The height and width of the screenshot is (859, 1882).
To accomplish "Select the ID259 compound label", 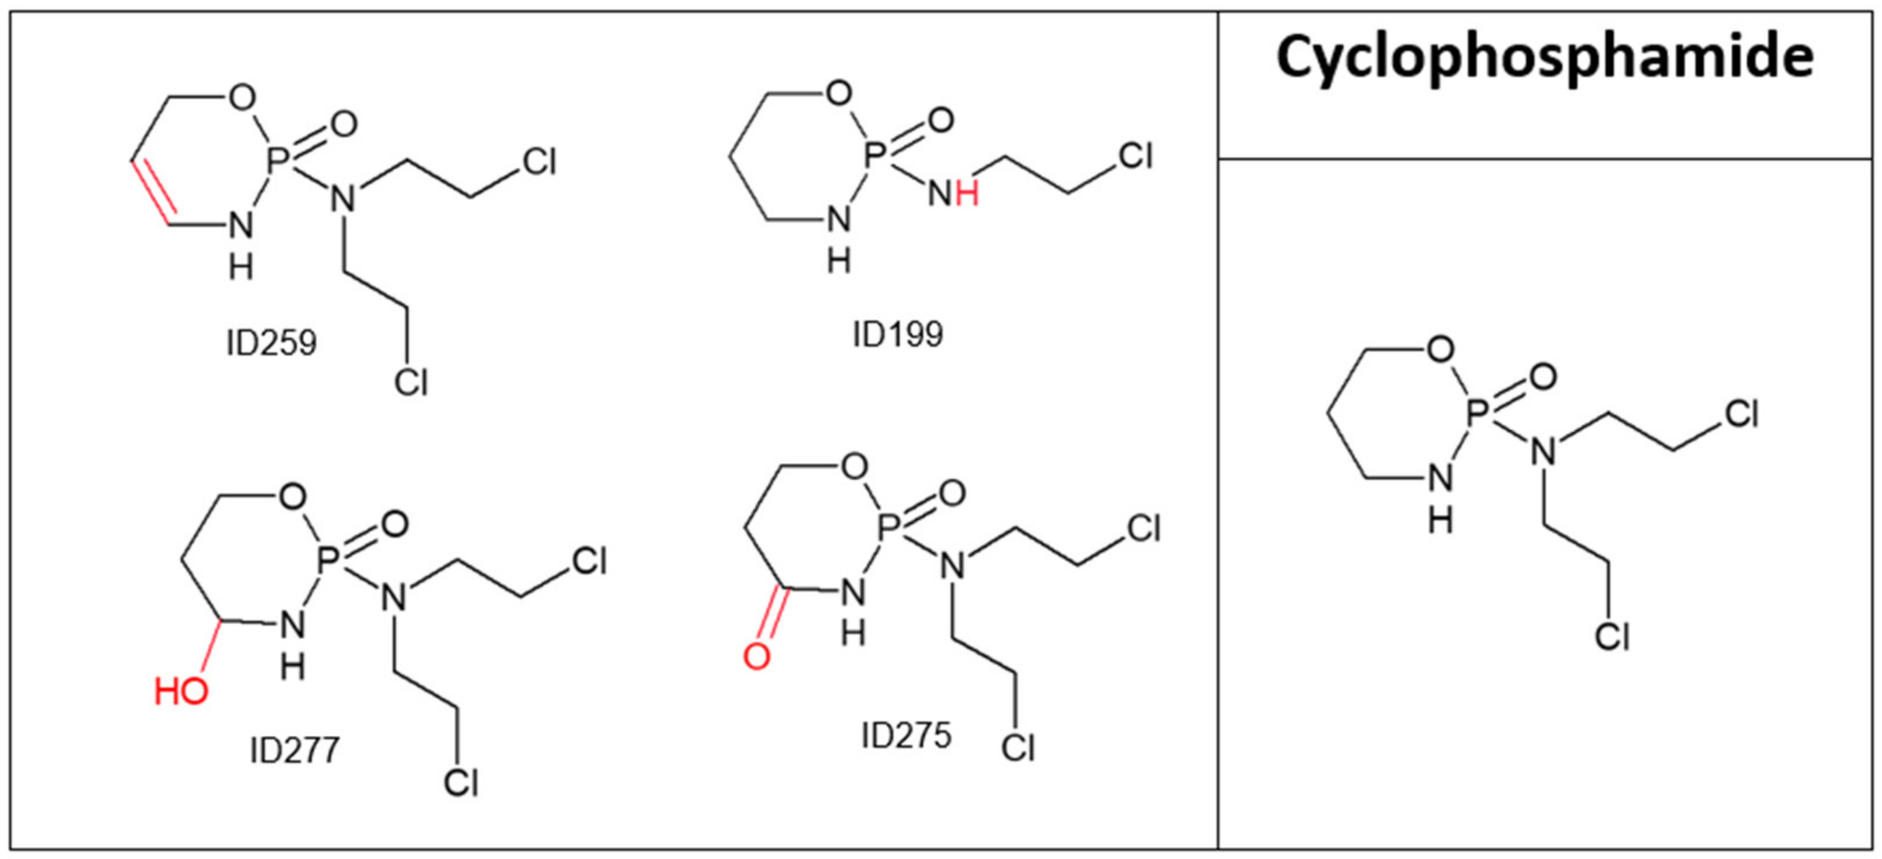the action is coord(271,342).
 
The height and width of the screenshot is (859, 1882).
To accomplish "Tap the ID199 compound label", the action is coord(898,334).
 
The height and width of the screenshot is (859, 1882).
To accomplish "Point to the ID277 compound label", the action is coord(295,750).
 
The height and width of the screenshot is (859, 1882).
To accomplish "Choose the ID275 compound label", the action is coord(906,736).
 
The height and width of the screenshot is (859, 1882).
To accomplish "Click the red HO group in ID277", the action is coord(181,690).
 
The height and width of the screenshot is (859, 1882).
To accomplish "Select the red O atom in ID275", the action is coord(757,656).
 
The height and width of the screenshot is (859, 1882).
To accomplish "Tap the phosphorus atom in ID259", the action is coord(275,165).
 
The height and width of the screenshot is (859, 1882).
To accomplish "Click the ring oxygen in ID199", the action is coord(839,93).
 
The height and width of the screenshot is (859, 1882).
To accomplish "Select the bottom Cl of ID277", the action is coord(461,782).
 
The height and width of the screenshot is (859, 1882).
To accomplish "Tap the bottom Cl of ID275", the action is coord(1018,747).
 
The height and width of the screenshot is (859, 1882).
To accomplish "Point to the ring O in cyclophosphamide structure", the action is coord(1440,350).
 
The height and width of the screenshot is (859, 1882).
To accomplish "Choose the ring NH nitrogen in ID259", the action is coord(240,227).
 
